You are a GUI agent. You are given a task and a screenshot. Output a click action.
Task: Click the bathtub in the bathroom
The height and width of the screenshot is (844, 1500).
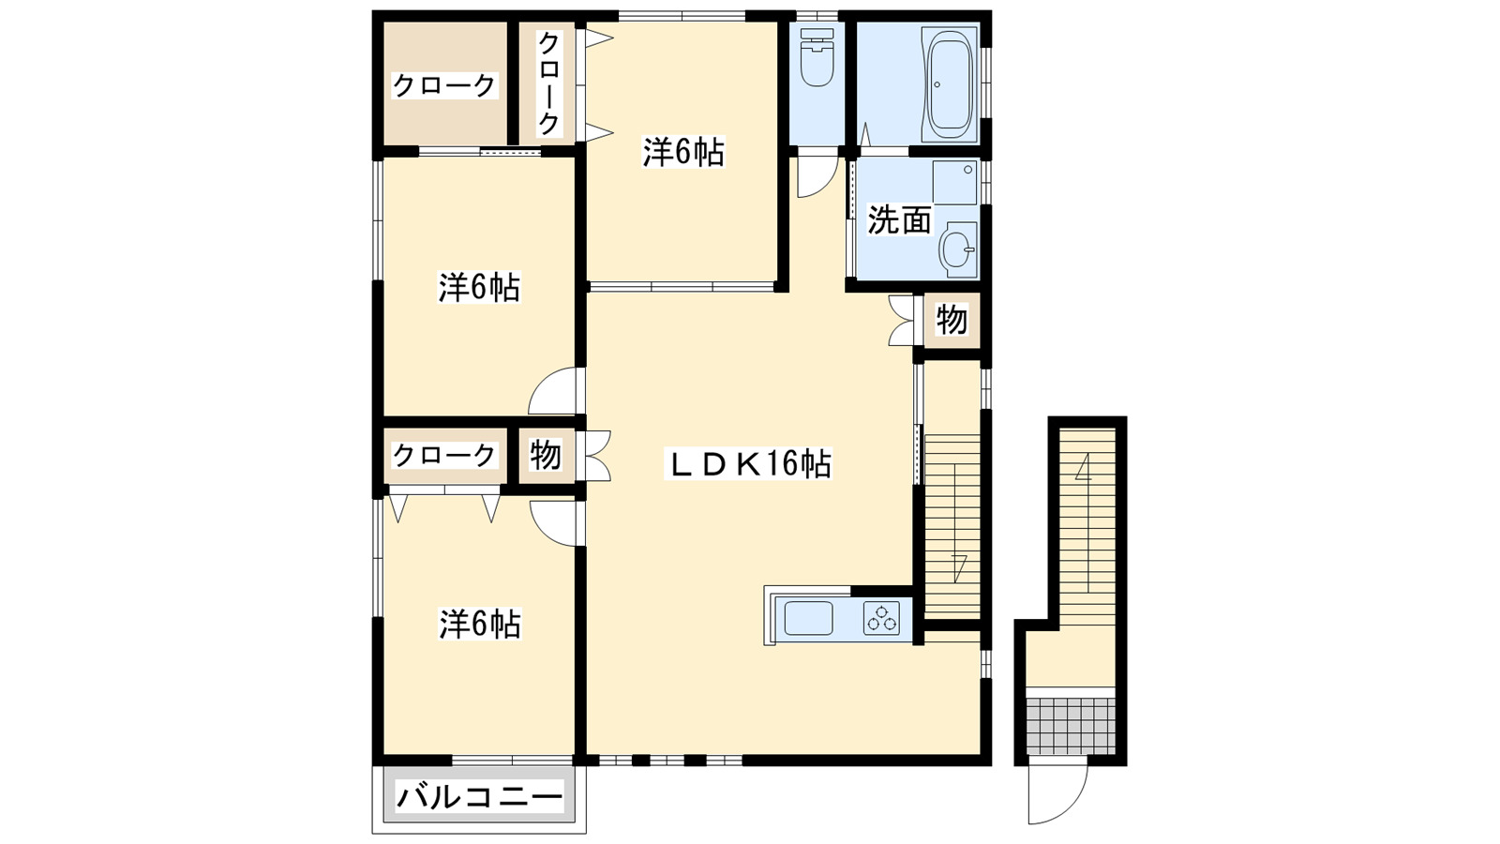pos(950,83)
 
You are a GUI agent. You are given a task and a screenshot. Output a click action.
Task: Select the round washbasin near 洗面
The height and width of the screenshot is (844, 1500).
pos(956,249)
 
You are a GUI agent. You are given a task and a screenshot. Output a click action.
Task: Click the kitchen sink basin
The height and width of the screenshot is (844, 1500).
pos(808,619)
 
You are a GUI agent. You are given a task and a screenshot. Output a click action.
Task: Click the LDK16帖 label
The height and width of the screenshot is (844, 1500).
pos(747,463)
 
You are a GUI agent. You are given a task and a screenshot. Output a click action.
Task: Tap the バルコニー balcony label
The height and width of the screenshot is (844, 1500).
pos(479,798)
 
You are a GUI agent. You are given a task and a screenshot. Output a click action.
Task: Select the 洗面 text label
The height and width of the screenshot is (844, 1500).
pos(899,220)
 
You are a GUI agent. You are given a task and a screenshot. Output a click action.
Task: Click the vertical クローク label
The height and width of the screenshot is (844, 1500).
pos(549,83)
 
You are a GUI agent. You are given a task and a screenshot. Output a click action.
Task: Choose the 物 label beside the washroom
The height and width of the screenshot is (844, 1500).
pos(952,320)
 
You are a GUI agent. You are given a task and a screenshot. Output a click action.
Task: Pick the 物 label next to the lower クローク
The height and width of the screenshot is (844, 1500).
pos(546,455)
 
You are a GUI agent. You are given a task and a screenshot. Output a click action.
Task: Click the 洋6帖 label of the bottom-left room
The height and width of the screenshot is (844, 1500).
pos(479,624)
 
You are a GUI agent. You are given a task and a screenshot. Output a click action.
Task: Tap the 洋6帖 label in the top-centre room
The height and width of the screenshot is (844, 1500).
pos(682,152)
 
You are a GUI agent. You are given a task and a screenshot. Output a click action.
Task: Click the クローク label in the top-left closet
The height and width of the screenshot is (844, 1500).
pos(443,85)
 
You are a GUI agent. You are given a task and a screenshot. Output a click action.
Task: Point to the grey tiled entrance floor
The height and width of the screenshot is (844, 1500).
pos(1071,724)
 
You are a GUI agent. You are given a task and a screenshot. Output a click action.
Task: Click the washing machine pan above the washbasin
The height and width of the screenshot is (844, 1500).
pos(954,182)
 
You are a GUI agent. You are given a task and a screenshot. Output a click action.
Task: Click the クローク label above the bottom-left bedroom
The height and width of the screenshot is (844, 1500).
pos(443,455)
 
